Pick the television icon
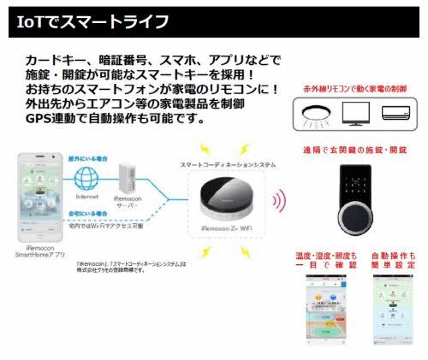click(355, 112)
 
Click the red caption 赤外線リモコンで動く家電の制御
click(354, 88)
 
